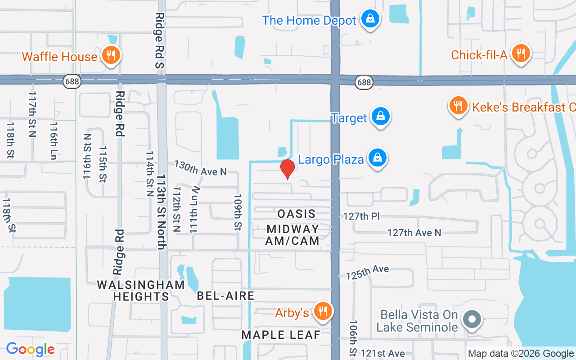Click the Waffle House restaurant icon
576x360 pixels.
tap(110, 55)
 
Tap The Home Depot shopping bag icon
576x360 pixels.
tap(369, 19)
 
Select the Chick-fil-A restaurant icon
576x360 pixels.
tap(521, 54)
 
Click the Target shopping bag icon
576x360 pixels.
tap(381, 116)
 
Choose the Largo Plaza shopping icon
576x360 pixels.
tap(378, 158)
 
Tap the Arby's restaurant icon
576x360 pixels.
tap(322, 311)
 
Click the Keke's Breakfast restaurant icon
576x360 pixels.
tap(458, 106)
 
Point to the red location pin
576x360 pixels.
tap(287, 168)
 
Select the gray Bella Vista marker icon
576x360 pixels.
tap(472, 319)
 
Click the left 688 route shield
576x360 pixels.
tap(72, 81)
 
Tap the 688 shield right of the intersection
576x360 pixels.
tap(364, 82)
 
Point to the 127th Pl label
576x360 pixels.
tap(361, 216)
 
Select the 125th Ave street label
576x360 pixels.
tap(367, 272)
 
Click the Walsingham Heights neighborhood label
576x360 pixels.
tap(141, 291)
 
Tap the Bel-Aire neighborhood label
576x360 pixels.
tap(225, 296)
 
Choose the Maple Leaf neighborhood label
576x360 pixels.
tap(281, 334)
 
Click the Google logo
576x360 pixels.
tap(30, 349)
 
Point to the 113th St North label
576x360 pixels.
tap(162, 211)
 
